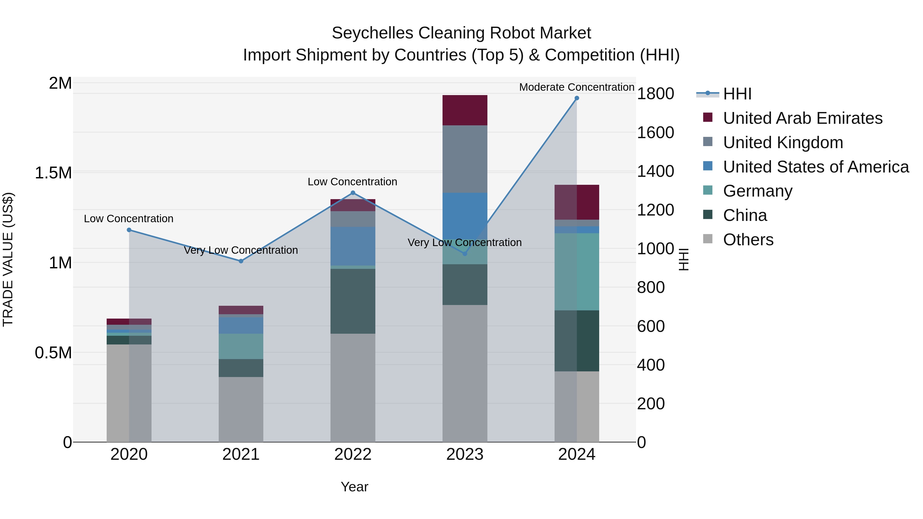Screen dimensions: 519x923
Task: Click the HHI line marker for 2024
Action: [x=577, y=98]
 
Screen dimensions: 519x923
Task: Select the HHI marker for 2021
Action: [x=241, y=261]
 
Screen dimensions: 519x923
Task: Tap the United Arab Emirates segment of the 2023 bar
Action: [x=465, y=110]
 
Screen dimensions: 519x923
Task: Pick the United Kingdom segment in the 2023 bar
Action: [x=465, y=159]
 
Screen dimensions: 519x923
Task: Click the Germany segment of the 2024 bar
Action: [x=577, y=272]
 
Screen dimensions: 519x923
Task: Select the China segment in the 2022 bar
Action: [x=353, y=301]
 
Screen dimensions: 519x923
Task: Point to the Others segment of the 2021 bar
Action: [x=241, y=409]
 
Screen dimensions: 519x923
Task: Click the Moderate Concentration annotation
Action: [x=577, y=87]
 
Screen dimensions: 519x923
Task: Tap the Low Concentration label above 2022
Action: [x=352, y=182]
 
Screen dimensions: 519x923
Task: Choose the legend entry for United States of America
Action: [x=816, y=167]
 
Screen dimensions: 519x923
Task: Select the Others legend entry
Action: [x=748, y=240]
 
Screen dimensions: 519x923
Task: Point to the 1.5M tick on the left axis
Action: [x=53, y=173]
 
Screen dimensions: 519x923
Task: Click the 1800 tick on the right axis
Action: [x=655, y=94]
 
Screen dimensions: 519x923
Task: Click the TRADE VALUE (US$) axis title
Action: [x=8, y=259]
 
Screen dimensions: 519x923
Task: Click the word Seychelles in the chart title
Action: [x=372, y=33]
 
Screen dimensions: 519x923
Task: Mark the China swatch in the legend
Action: [x=708, y=215]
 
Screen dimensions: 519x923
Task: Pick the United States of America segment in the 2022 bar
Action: [x=353, y=246]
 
